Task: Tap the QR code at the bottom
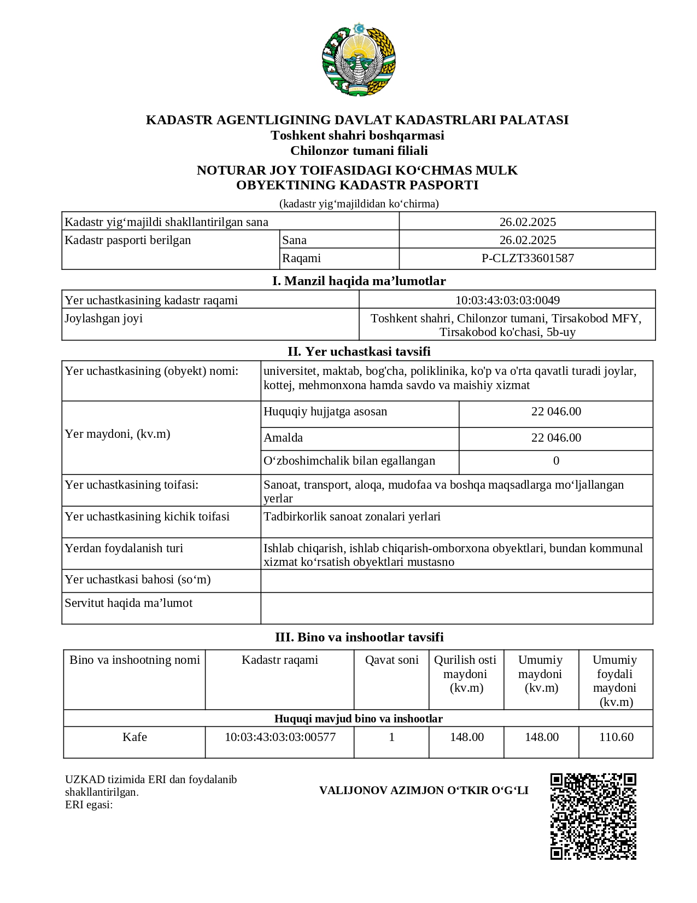coord(593,816)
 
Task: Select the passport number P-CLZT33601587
coord(527,258)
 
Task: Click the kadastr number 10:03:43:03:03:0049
coord(507,300)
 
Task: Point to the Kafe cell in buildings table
coord(134,737)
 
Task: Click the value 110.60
coord(616,737)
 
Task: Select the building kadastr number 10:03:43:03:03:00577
coord(280,737)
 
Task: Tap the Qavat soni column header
coord(391,660)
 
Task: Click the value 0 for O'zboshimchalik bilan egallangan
coord(556,461)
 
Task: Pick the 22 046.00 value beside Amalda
coord(556,438)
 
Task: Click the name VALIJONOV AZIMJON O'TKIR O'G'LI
coord(424,790)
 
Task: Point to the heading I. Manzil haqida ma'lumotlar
coord(359,281)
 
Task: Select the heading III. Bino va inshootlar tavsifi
coord(359,637)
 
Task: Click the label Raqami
coord(301,258)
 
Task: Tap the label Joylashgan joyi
coord(104,319)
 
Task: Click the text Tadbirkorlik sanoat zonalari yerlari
coord(352,517)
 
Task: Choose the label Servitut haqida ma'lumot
coord(128,603)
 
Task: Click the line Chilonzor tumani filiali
coord(359,150)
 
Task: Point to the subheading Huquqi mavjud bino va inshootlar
coord(358,719)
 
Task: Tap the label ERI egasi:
coord(89,804)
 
